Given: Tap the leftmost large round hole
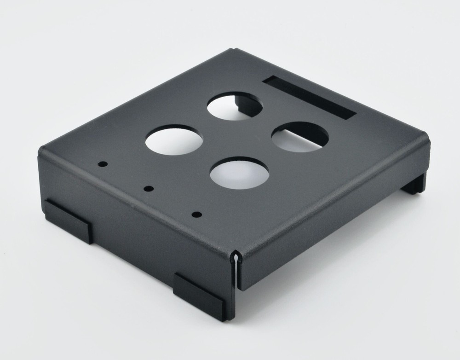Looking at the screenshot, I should pos(174,140).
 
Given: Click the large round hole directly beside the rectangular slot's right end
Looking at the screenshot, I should pos(300,137).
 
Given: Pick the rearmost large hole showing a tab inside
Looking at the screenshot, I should pos(235,106).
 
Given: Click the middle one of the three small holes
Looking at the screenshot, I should pos(149,188).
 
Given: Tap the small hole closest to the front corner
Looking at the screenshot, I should pos(197,214).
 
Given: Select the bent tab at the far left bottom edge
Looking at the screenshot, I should pos(68,220).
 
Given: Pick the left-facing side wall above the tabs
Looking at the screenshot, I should pos(133,216).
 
